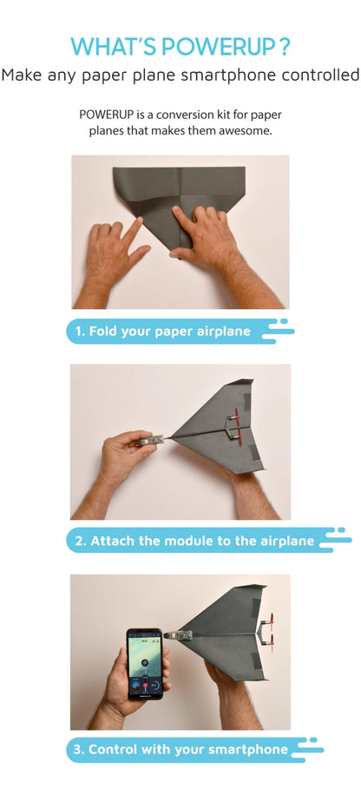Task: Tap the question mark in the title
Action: (285, 45)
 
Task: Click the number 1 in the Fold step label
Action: (78, 331)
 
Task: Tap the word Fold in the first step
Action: (106, 331)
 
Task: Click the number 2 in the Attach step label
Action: (79, 540)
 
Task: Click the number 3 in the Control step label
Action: (79, 749)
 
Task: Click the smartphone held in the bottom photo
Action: (145, 664)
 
